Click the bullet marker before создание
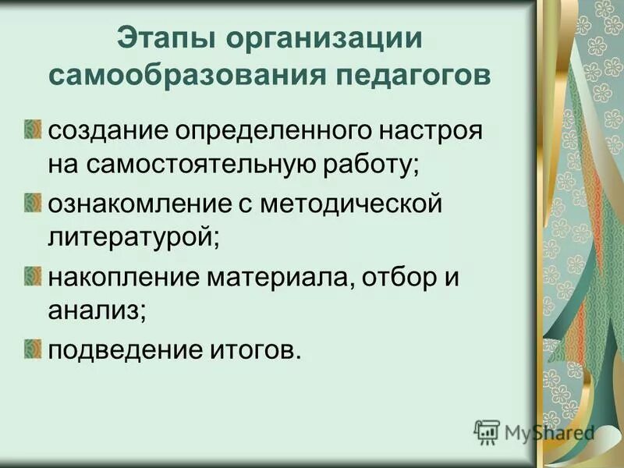coord(34,128)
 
